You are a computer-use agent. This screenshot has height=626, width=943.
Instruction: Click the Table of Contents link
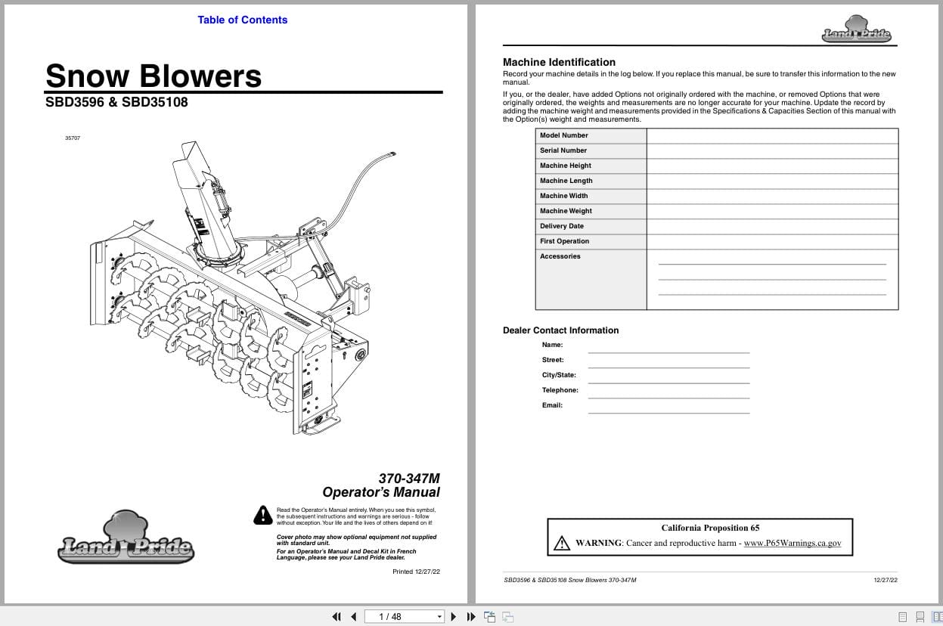(x=242, y=20)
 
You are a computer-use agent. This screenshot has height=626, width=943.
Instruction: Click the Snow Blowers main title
(x=154, y=76)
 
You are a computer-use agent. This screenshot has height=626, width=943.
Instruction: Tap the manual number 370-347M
(x=408, y=478)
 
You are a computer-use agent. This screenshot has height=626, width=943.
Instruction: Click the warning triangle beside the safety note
(x=262, y=515)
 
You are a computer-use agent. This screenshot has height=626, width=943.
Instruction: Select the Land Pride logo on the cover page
(x=126, y=539)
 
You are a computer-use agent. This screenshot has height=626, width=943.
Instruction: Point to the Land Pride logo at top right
(x=856, y=29)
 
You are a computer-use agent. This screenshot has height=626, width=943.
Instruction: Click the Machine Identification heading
(x=559, y=62)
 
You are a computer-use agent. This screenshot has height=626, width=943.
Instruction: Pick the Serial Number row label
(x=563, y=150)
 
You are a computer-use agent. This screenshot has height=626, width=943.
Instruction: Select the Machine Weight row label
(x=566, y=211)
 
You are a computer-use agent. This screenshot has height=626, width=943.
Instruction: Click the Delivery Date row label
(x=561, y=226)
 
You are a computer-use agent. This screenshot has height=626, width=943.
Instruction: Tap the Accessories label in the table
(x=560, y=256)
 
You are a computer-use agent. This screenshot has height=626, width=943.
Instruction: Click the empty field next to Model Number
(x=771, y=135)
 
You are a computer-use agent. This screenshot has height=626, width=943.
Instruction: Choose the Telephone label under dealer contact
(x=560, y=390)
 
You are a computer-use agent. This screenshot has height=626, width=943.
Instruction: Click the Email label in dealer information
(x=552, y=405)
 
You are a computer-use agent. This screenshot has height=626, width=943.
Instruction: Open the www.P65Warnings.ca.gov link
(x=792, y=543)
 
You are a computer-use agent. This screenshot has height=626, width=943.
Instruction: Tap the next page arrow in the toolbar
(x=454, y=616)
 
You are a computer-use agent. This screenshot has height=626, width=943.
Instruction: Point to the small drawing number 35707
(x=73, y=138)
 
